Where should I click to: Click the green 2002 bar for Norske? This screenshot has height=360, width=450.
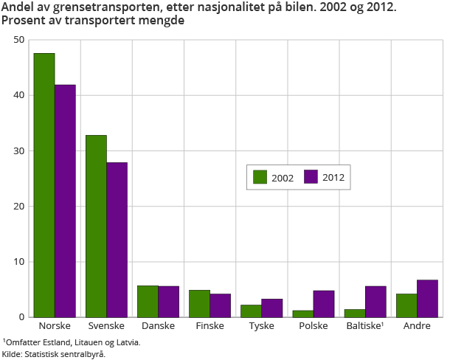44,185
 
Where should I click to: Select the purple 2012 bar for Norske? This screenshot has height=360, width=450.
65,201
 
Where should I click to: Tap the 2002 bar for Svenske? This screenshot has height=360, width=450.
96,226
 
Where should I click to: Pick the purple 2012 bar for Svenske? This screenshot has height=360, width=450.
117,240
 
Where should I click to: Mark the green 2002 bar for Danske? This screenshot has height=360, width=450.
148,301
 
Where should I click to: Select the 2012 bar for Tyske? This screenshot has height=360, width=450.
272,308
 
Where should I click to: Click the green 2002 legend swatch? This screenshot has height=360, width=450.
260,177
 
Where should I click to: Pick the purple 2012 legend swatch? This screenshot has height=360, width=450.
311,177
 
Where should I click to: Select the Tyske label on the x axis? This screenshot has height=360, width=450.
261,325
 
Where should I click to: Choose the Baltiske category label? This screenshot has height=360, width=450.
364,325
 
